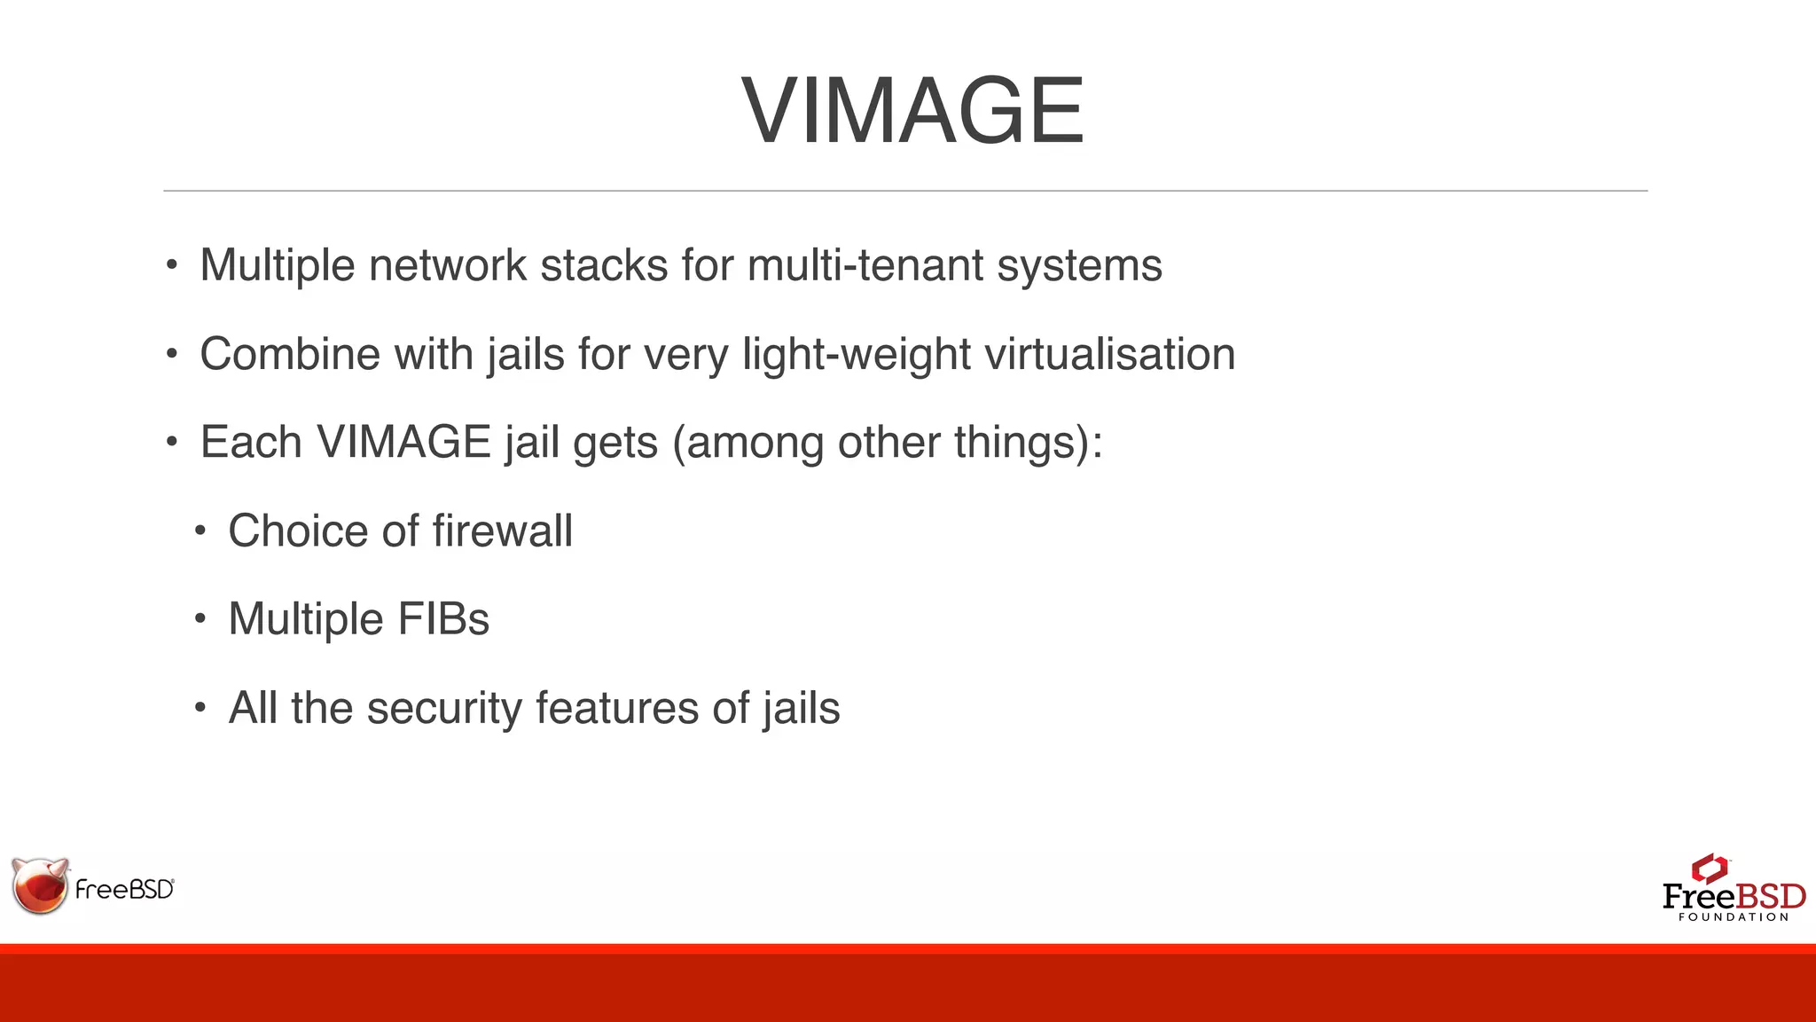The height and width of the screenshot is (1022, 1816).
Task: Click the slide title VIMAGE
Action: tap(912, 112)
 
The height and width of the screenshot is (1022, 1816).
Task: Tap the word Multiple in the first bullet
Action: tap(277, 265)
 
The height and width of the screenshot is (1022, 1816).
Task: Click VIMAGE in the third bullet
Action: tap(403, 442)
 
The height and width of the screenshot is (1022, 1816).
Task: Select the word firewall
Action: tap(503, 531)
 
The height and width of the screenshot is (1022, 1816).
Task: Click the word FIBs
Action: tap(443, 619)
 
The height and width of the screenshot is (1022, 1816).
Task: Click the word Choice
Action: tap(298, 531)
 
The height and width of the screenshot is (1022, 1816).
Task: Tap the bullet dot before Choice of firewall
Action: tap(200, 531)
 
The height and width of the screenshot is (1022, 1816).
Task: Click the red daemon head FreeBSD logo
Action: tap(40, 885)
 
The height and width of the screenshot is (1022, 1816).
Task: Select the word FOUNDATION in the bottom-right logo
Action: tap(1734, 917)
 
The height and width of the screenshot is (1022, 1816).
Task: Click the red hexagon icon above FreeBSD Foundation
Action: tap(1710, 868)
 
